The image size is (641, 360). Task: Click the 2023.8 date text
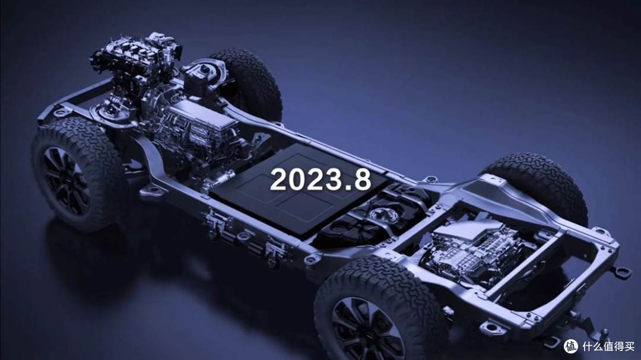coord(320,179)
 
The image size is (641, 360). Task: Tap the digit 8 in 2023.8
coord(363,179)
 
